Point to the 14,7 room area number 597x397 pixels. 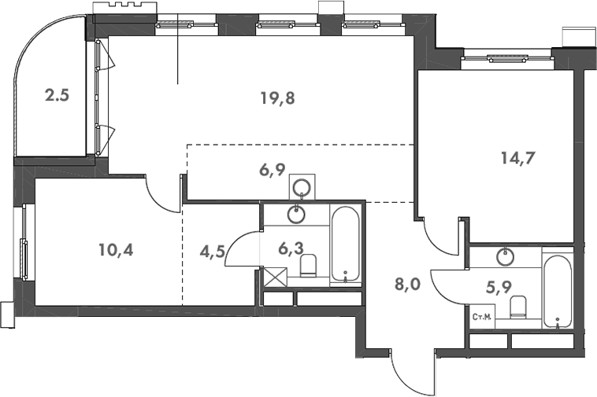click(517, 156)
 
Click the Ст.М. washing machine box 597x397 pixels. click(482, 318)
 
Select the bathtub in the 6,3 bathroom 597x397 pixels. click(346, 244)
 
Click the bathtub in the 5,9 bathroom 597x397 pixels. click(558, 290)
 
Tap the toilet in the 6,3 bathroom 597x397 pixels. click(308, 267)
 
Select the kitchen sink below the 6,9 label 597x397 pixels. click(300, 188)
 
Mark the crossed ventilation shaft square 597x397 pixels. click(274, 278)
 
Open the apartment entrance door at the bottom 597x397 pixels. click(413, 373)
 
